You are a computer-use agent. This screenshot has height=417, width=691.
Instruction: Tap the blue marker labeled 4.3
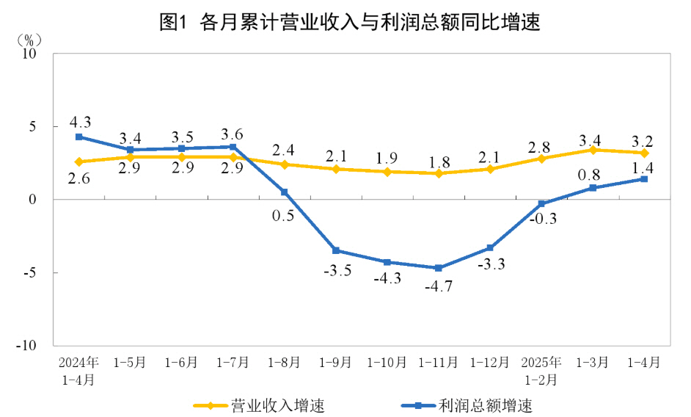pos(78,137)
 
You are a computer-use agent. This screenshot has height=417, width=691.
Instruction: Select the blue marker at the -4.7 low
pos(439,268)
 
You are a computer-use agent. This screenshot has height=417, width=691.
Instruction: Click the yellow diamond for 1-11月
pos(439,173)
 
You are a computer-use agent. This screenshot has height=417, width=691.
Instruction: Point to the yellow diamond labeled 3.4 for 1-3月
pos(593,150)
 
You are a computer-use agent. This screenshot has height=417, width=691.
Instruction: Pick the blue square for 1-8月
pos(285,192)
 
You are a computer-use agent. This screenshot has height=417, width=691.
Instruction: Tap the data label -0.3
pos(543,217)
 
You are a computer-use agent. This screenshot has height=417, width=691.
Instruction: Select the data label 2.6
pos(78,178)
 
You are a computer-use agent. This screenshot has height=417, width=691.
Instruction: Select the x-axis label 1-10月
pos(387,363)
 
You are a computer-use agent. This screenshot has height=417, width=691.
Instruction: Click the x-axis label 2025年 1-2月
pos(541,371)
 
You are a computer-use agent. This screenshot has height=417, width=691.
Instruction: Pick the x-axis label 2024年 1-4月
pos(78,371)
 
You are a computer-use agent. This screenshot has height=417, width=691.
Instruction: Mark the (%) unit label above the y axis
pos(30,37)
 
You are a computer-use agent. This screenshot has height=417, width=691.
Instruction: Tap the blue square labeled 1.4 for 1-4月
pos(644,179)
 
